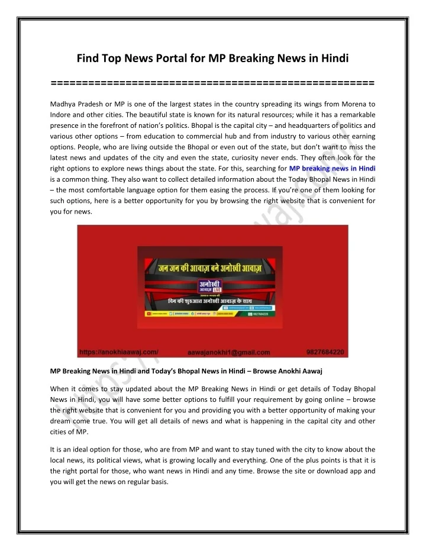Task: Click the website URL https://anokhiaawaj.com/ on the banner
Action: click(118, 352)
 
